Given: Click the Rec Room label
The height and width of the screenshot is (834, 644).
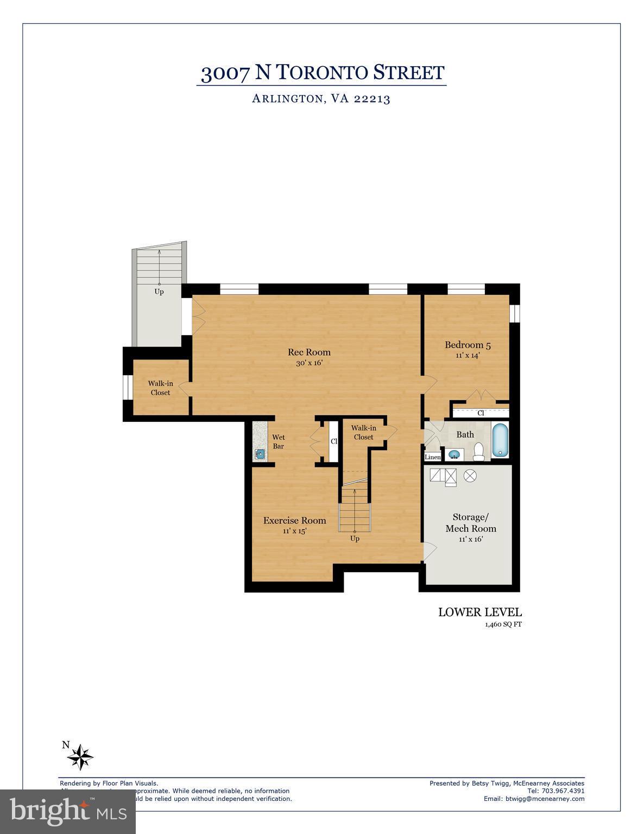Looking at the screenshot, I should point(309,352).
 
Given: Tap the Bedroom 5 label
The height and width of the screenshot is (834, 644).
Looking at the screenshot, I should point(468,345).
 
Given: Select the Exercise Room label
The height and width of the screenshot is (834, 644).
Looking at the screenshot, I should point(294,521).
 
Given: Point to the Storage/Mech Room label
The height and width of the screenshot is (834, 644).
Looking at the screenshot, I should point(470,522).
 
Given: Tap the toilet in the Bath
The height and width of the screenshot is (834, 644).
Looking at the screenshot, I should point(478,451).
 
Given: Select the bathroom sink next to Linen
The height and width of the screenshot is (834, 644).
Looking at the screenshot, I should point(454,454).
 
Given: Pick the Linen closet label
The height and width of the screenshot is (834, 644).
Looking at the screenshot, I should point(433,457).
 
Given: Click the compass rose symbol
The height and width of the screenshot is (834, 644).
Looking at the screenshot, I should point(81,756).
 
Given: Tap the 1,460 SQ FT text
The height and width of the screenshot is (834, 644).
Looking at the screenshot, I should point(503,624).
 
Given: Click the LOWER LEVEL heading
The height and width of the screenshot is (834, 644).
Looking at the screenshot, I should point(479,612).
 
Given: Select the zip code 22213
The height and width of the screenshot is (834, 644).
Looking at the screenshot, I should point(372,99).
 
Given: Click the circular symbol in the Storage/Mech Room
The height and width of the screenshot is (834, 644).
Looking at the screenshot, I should point(470,476).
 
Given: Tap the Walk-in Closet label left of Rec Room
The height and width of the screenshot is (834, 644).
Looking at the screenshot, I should point(160,388).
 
